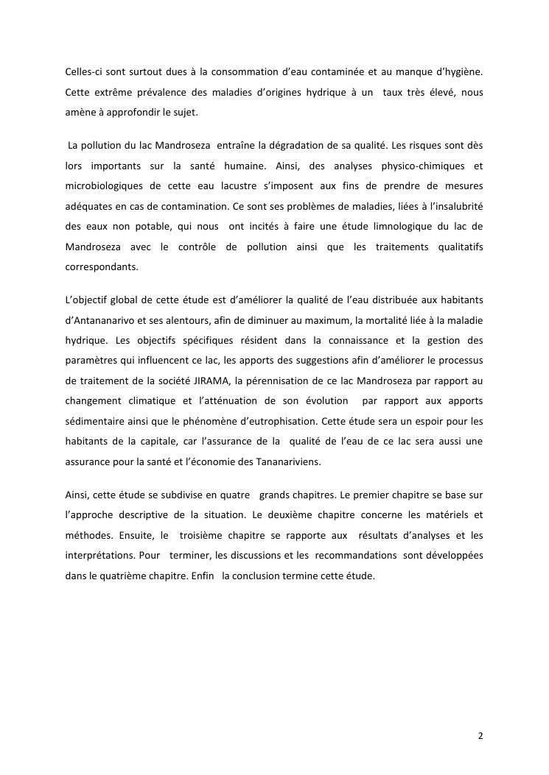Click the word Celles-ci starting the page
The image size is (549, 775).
click(84, 71)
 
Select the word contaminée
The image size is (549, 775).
click(333, 71)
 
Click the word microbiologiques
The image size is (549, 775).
click(107, 187)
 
